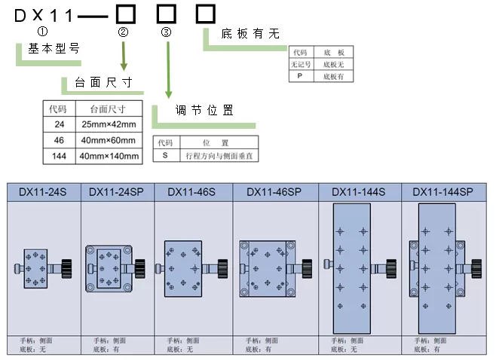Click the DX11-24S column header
[42, 192]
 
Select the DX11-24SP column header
[115, 192]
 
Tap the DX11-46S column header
[191, 192]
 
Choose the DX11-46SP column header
[274, 192]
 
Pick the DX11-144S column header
[358, 192]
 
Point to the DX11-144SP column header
[442, 192]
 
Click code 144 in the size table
[59, 157]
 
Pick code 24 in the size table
[59, 124]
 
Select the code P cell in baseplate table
[299, 77]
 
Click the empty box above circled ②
[124, 13]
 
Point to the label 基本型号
[54, 48]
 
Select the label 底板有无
[250, 33]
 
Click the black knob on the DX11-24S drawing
[66, 267]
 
